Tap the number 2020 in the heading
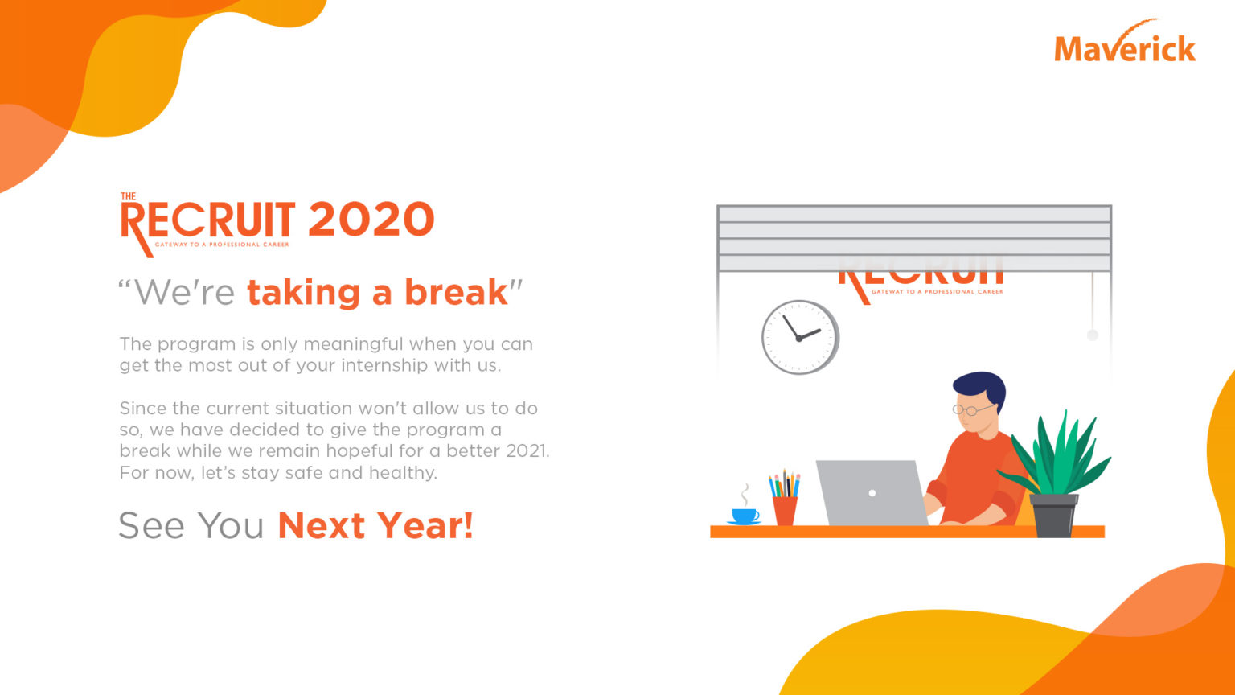click(371, 219)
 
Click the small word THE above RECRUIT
click(128, 196)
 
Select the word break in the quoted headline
click(455, 292)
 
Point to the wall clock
click(800, 337)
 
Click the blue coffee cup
click(745, 516)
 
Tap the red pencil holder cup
click(785, 511)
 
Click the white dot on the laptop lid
click(872, 493)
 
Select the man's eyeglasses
click(971, 409)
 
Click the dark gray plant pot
click(1053, 516)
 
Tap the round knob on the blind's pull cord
click(1092, 335)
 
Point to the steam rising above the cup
click(745, 495)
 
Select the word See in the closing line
click(151, 525)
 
